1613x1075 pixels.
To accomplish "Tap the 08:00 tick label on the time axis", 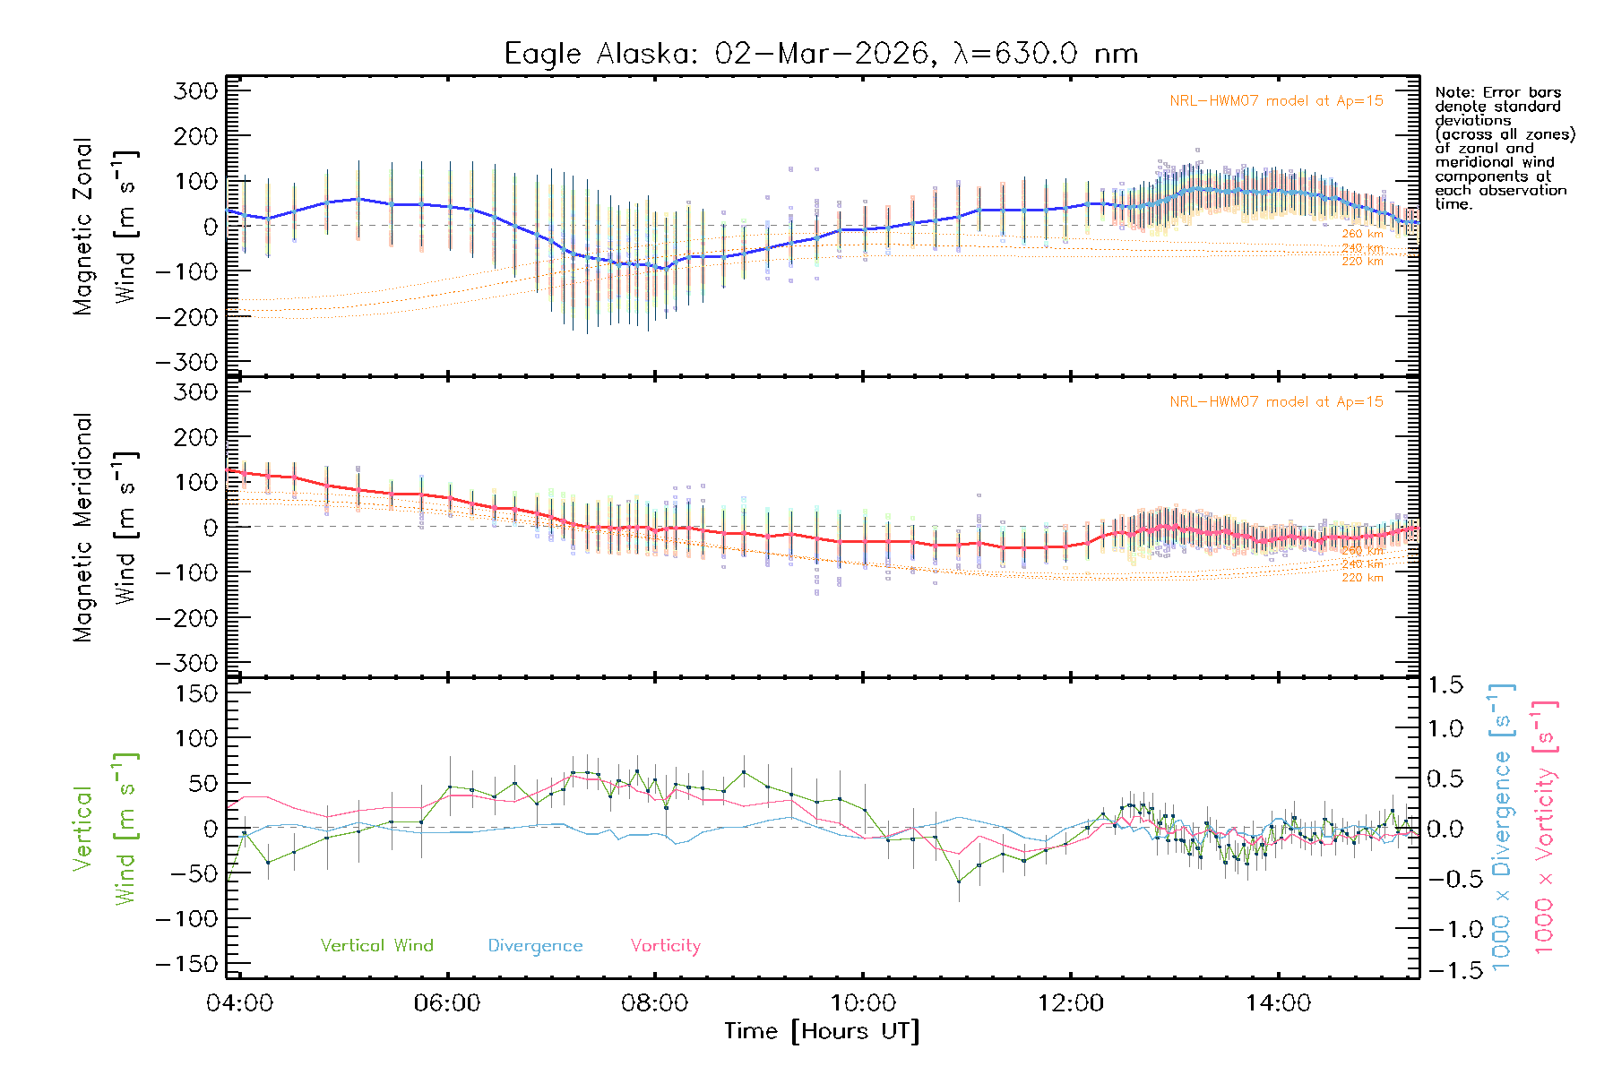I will point(654,1003).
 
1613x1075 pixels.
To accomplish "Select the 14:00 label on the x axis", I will point(1278,1003).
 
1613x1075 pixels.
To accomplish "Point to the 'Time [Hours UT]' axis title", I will point(822,1031).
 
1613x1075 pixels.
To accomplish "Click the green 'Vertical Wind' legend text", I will point(376,945).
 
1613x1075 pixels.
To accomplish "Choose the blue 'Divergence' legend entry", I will point(535,945).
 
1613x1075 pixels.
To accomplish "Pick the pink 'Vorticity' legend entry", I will point(665,945).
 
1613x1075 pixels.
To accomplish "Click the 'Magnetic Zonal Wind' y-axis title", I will point(106,227).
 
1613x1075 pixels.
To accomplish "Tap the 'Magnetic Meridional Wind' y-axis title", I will point(106,528).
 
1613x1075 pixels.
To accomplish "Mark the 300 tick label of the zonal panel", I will point(196,90).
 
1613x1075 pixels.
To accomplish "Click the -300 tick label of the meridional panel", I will point(186,663).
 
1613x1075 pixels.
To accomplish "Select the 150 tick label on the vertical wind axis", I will point(196,693).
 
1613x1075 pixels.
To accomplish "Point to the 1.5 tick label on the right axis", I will point(1445,685).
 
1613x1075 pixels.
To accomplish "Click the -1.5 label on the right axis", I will point(1445,970).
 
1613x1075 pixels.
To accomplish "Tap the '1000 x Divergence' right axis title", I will point(1501,827).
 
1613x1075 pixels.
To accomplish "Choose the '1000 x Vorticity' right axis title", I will point(1544,827).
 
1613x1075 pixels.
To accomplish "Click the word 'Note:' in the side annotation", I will point(1453,92).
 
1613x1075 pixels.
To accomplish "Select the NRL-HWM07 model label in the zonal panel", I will point(1276,101).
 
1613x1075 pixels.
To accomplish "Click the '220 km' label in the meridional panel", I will point(1362,578).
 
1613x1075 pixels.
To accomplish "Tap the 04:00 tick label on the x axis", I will point(239,1003).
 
